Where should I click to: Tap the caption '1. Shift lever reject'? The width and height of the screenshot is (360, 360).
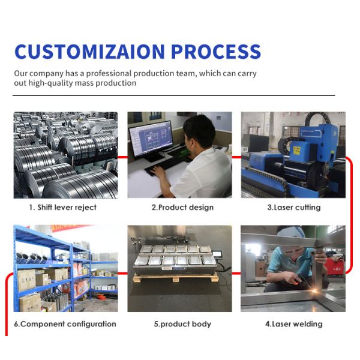tap(63, 208)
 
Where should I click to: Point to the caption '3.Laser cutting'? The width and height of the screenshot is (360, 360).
tap(293, 208)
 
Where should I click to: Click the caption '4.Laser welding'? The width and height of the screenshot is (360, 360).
tap(293, 324)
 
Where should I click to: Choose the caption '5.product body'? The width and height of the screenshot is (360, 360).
tap(182, 324)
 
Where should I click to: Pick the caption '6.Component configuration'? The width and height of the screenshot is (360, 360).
tap(65, 324)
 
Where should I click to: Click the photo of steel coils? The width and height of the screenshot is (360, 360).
tap(65, 154)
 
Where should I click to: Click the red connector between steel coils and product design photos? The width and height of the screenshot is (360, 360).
tap(122, 157)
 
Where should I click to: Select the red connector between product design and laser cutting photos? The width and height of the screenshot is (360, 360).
tap(236, 157)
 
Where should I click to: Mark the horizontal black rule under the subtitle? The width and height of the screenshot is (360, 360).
tap(174, 95)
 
